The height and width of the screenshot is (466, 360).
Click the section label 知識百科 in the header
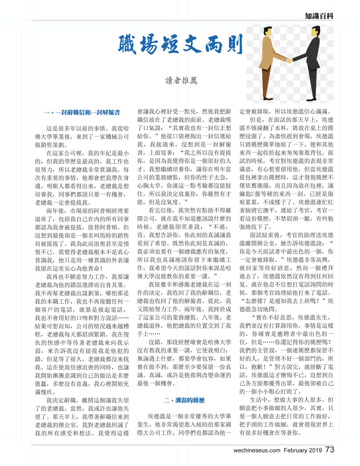click(x=319, y=16)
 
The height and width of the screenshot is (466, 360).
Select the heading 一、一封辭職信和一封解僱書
click(x=82, y=112)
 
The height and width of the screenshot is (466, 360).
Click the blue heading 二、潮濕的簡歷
click(x=184, y=400)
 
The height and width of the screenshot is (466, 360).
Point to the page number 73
click(x=329, y=449)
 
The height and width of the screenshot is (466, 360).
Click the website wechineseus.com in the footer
click(x=257, y=450)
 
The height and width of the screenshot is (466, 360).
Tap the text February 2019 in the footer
click(x=303, y=450)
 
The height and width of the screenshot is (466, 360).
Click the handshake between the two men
click(x=289, y=60)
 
